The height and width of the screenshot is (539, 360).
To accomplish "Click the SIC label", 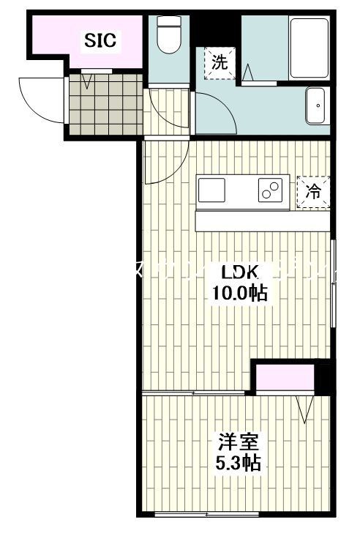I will coord(100,41).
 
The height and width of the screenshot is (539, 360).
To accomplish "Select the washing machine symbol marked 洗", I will coord(220,62).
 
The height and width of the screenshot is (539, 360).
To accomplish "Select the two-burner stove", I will coord(269,190).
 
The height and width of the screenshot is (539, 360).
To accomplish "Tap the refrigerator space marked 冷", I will coord(312,193).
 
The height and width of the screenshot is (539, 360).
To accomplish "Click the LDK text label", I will coord(239,272).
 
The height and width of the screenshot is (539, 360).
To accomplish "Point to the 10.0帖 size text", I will coord(239,294).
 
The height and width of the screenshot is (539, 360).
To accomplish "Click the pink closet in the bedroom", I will coord(284,379).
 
